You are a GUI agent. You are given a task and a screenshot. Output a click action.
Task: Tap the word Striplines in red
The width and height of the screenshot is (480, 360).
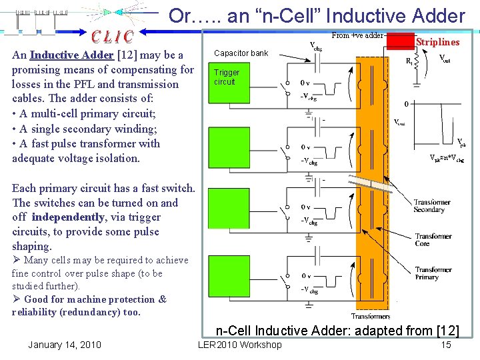pos(437,42)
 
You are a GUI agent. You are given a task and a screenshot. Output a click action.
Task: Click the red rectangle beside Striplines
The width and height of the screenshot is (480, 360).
pos(400,41)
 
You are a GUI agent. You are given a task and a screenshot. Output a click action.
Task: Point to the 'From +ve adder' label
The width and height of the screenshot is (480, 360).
pos(357,35)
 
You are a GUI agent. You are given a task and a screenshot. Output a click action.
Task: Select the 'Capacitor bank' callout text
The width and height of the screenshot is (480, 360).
pos(241,53)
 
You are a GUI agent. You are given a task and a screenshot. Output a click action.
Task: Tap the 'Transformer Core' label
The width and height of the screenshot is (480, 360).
pos(433,241)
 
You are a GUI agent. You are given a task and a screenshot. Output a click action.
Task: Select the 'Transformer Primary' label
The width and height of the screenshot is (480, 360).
pos(433,274)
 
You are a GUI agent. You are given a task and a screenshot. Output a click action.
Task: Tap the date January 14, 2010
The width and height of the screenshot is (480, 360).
pos(65,345)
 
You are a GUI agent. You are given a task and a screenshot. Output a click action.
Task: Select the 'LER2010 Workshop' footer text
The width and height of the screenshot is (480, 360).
pos(240,345)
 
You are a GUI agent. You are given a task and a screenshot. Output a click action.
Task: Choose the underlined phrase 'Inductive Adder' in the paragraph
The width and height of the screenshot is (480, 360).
pos(71,55)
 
